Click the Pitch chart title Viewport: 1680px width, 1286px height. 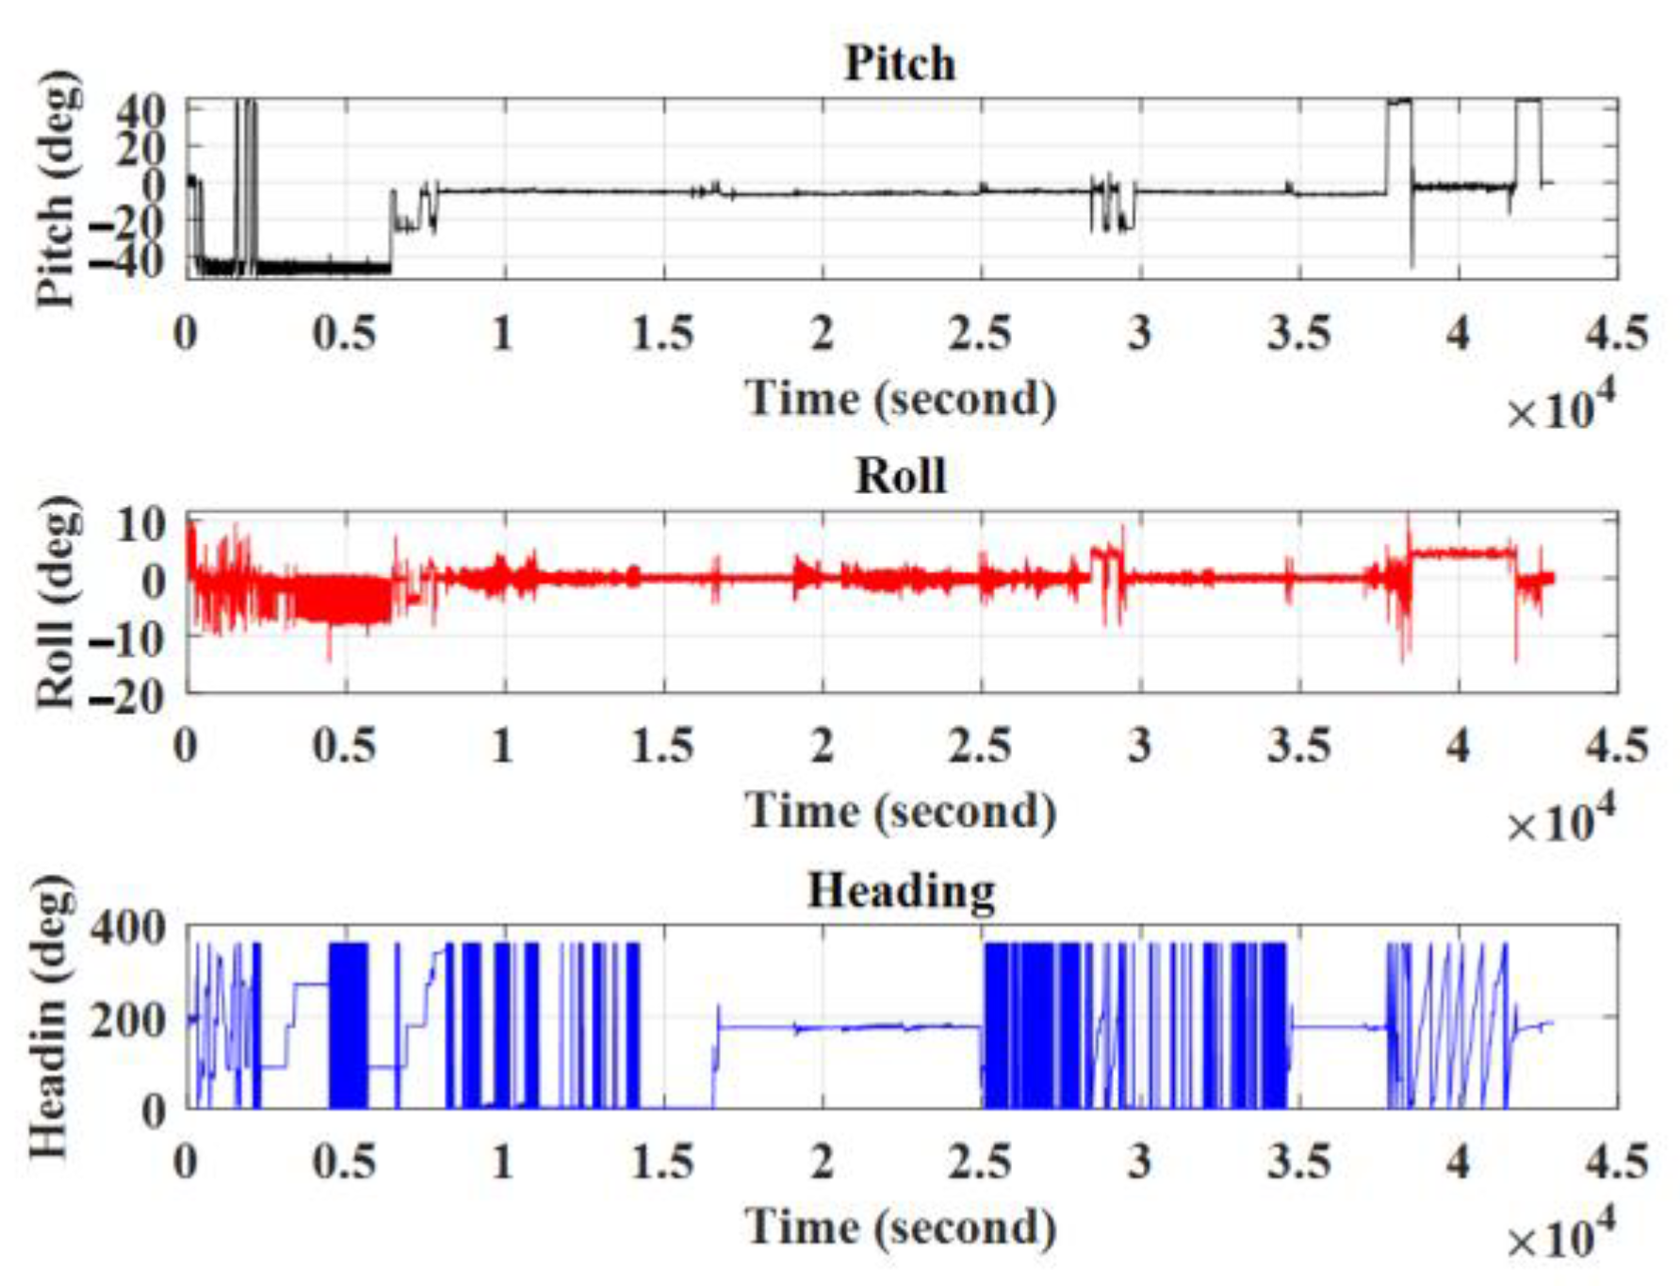(x=900, y=64)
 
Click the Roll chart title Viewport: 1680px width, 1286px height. (x=900, y=476)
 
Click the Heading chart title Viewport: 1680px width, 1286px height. (x=900, y=890)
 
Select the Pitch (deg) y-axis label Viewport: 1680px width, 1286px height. (x=57, y=189)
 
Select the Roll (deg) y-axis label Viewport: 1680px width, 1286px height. (x=57, y=603)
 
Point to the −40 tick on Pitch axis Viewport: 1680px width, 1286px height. (x=127, y=260)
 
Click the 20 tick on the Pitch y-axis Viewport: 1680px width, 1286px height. (x=140, y=148)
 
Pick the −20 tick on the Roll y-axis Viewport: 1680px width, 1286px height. (x=127, y=696)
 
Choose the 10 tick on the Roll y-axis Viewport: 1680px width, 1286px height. (x=140, y=525)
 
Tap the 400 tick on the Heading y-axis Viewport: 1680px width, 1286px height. (x=128, y=928)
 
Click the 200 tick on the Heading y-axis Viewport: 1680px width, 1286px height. (x=128, y=1019)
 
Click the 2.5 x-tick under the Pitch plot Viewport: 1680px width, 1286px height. (x=980, y=333)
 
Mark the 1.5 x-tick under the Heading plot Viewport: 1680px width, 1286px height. (x=662, y=1161)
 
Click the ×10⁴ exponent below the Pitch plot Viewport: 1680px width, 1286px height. (x=1559, y=408)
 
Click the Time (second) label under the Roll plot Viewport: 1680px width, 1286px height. (x=900, y=812)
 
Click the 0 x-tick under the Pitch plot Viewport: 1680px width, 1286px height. (x=187, y=333)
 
